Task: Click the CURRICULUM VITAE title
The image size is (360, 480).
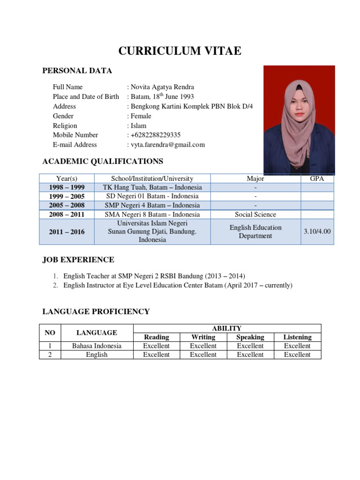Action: click(x=180, y=51)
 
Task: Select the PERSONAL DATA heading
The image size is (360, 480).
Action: click(x=77, y=71)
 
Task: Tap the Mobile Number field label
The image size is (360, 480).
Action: click(x=75, y=135)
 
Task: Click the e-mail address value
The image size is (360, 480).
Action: click(x=167, y=145)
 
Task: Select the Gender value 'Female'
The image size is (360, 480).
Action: click(x=141, y=116)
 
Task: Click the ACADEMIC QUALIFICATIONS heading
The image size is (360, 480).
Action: click(x=103, y=162)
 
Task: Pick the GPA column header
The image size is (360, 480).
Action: click(x=317, y=179)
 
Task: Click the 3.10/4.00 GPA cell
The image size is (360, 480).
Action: click(x=317, y=232)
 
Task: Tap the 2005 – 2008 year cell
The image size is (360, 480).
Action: click(x=67, y=205)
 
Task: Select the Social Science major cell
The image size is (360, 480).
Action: click(x=255, y=215)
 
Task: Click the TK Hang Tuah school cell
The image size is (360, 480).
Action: click(x=152, y=187)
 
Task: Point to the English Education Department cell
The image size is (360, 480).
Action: click(x=255, y=232)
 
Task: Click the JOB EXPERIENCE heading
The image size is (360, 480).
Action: click(x=78, y=260)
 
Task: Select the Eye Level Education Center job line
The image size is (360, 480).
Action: click(x=178, y=285)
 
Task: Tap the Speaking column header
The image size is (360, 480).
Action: click(x=250, y=337)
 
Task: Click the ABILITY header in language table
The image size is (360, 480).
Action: click(x=227, y=329)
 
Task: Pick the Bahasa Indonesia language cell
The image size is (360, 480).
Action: click(x=97, y=346)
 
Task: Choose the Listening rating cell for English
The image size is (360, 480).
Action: click(x=297, y=355)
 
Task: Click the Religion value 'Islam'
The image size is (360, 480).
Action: click(x=138, y=126)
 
